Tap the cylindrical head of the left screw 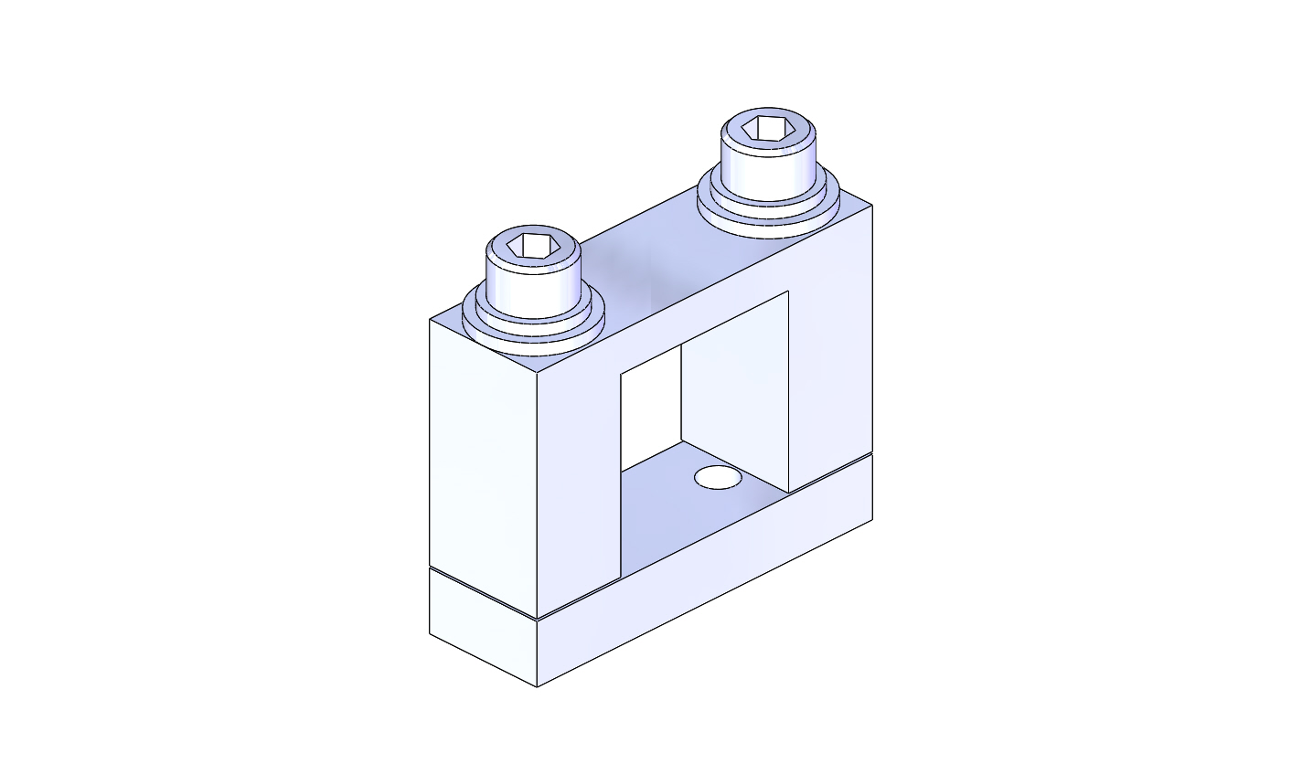point(533,283)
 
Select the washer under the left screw point(535,338)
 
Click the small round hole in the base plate point(718,477)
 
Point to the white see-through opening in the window point(650,407)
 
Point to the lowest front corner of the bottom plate point(537,686)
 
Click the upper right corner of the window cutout point(788,292)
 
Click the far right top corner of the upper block point(871,205)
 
